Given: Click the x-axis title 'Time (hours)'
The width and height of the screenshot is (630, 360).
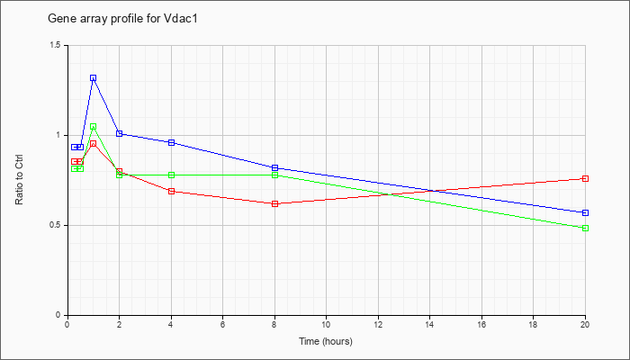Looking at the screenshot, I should pos(326,342).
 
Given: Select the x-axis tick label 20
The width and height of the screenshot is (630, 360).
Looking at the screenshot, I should pos(586,325).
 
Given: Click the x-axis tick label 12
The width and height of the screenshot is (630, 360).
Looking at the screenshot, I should pos(378,325).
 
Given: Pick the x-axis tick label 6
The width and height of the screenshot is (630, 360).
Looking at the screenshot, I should pos(222,325).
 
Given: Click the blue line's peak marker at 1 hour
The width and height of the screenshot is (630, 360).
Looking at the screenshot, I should pos(93,78).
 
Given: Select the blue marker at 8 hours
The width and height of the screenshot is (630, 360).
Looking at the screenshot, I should pos(274,167).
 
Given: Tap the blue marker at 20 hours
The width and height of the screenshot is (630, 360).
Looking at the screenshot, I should pos(586,212).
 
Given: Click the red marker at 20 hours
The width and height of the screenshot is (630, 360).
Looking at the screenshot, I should pos(586,178).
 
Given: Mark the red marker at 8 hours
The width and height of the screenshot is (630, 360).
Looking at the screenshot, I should pos(274,203).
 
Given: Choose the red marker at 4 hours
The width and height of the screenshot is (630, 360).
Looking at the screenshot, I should pos(171,191).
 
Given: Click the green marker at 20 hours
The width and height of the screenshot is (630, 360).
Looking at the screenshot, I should pos(586,228).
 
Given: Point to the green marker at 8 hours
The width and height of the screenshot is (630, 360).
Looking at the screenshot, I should pos(274,175).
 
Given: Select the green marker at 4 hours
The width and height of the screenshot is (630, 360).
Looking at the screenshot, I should pos(171,175).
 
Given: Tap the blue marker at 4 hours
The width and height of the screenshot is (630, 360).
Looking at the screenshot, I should pos(171,142).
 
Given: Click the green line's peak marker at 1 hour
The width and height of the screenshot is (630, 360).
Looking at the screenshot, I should pos(93,127).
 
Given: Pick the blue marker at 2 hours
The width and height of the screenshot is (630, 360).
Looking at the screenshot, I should pos(119,133).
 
